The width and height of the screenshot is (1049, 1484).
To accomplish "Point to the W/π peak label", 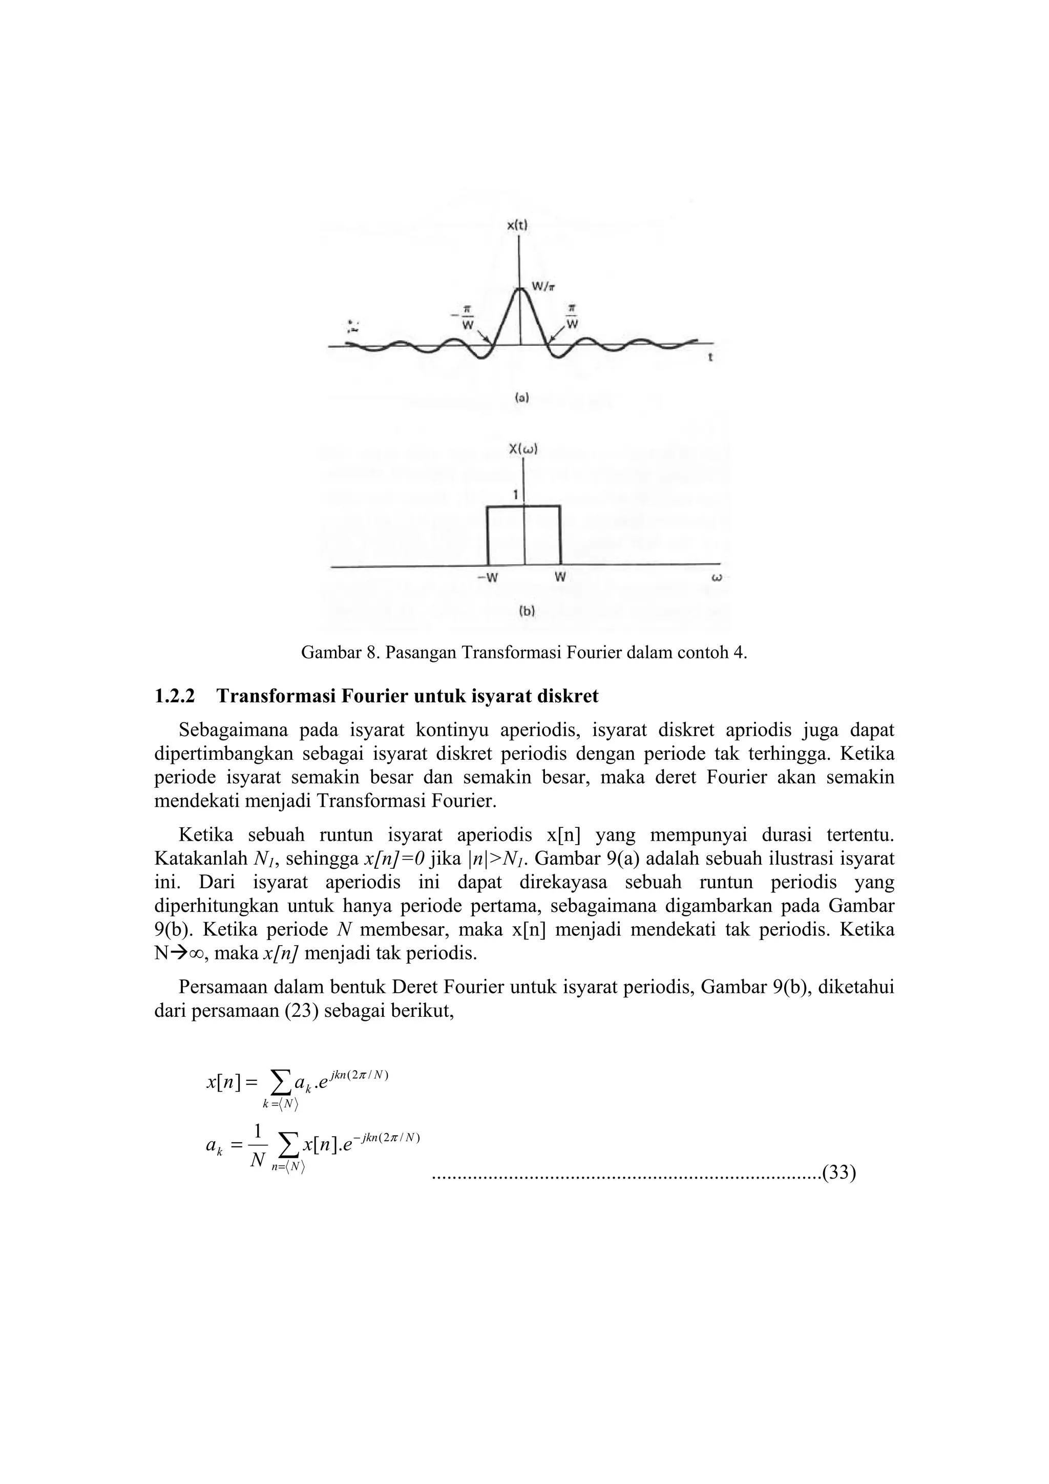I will point(540,287).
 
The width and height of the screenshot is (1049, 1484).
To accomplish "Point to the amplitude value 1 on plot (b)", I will point(515,496).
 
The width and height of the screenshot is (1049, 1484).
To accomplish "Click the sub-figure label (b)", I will point(527,610).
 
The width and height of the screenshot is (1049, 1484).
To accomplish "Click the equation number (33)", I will point(839,1173).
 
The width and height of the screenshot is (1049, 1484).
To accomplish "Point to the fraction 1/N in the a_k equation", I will point(257,1148).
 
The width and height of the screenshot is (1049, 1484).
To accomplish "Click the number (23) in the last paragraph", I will point(301,1012).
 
